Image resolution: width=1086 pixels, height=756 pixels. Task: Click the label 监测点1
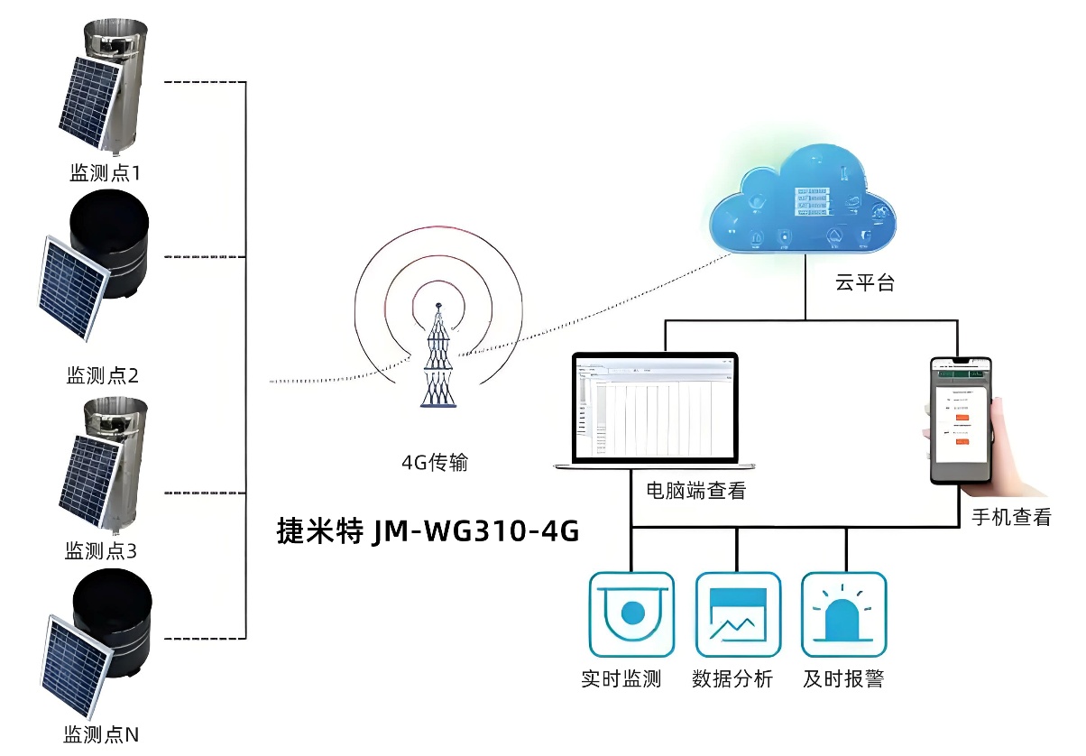pos(106,173)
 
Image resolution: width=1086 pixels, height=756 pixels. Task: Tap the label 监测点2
pos(103,375)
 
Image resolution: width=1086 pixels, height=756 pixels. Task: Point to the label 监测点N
pos(101,734)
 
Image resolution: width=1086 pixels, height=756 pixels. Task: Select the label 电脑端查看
pos(695,491)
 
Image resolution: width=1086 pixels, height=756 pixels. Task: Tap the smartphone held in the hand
pos(962,419)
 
